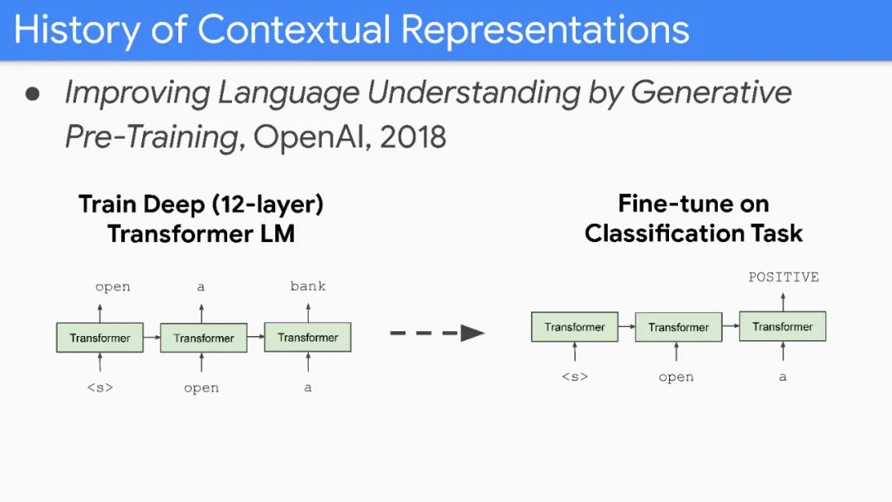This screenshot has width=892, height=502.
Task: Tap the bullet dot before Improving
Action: [x=33, y=93]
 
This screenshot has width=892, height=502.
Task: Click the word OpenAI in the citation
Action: [x=310, y=136]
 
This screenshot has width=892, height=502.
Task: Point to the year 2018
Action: [x=413, y=136]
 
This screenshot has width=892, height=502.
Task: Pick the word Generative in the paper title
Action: [x=711, y=92]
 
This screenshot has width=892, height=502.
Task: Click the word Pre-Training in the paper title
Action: [x=151, y=136]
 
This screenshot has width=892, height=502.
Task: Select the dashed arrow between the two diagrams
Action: [x=437, y=334]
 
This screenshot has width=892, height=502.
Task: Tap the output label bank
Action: [x=308, y=287]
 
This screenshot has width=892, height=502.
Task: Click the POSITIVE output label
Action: [x=783, y=277]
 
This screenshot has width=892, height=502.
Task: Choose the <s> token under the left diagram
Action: [x=100, y=387]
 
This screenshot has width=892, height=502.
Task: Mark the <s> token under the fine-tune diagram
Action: [x=575, y=377]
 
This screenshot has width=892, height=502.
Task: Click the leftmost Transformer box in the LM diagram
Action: [x=100, y=338]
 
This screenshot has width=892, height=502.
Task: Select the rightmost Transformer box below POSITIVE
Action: [x=782, y=327]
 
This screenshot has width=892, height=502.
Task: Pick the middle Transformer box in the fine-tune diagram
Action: [x=678, y=328]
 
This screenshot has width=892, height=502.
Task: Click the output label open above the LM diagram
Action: [x=112, y=287]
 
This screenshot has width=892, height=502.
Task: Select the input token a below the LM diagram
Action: [x=308, y=387]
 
